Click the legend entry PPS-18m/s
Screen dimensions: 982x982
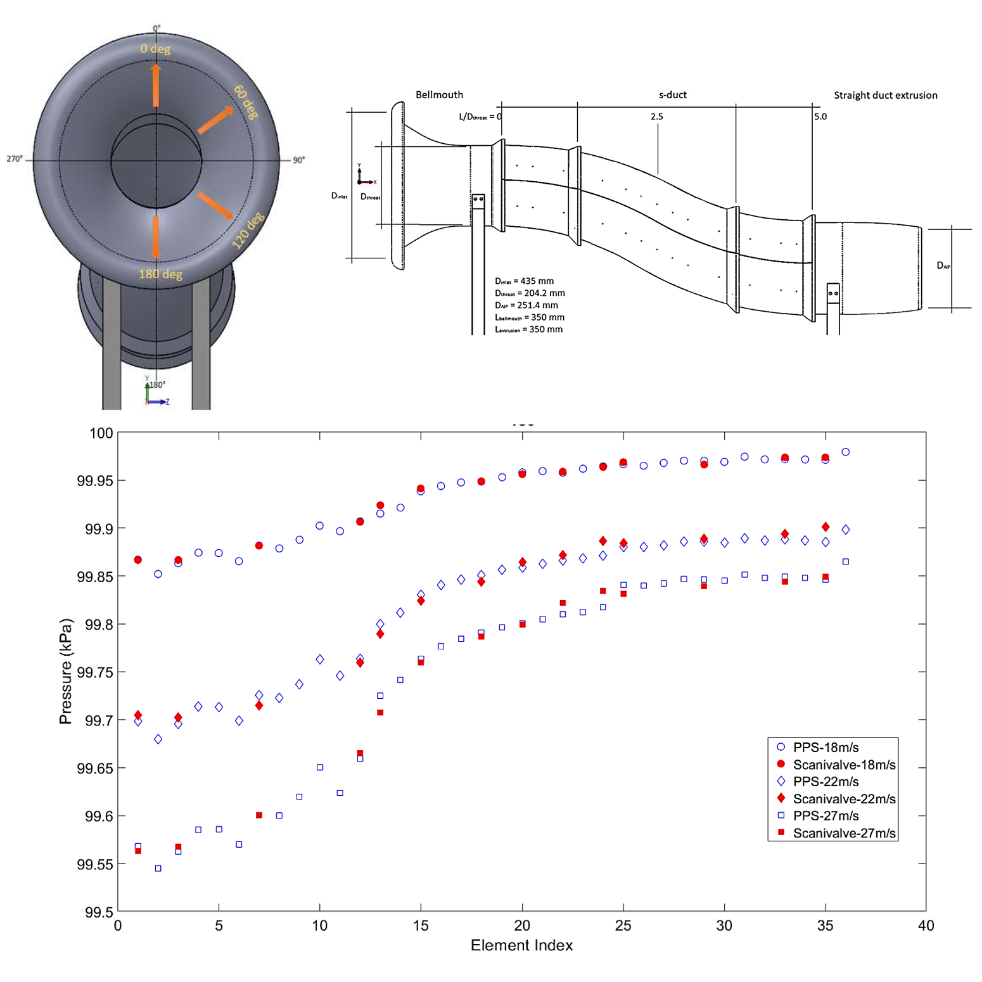coord(826,747)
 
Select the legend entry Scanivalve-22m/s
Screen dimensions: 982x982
coord(844,798)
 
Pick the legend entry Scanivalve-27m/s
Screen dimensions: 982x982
coord(844,832)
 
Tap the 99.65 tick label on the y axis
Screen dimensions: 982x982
coord(95,768)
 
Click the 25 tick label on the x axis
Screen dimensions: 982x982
coord(623,926)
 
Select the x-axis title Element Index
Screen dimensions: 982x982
coord(521,945)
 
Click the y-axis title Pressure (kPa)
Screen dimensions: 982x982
coord(66,671)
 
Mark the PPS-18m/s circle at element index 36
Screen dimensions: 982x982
coord(845,452)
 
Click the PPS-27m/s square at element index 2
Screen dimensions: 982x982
coord(158,868)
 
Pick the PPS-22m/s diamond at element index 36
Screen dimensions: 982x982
coord(845,530)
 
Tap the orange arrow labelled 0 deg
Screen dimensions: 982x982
coord(156,85)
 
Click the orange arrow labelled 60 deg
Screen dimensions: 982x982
coord(215,120)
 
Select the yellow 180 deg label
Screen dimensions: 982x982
coord(160,274)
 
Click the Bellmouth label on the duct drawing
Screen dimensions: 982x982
coord(439,95)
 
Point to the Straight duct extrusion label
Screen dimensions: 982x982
coord(885,96)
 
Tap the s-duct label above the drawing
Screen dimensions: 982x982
coord(672,95)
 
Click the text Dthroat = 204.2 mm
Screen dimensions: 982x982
coord(530,293)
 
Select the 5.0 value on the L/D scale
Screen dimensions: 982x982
coord(820,117)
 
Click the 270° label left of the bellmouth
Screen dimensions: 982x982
coord(15,159)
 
